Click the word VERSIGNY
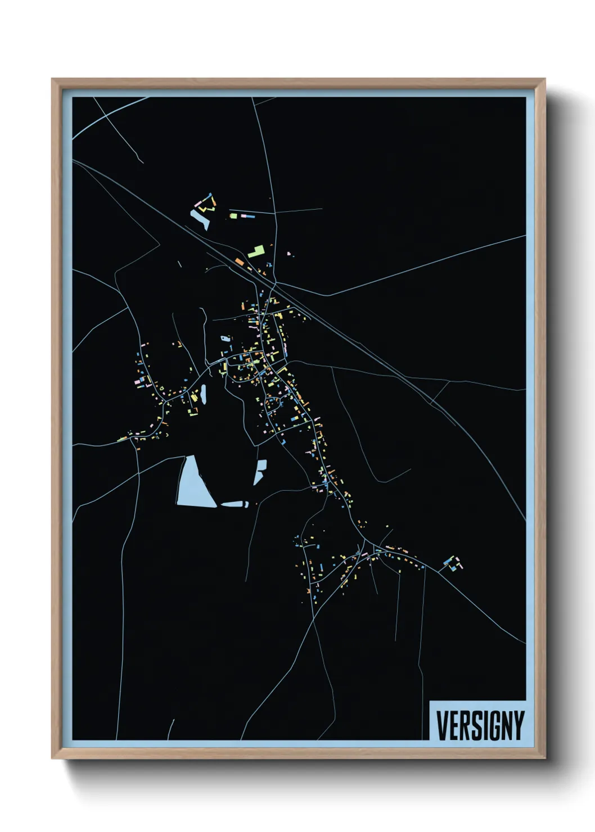[480, 726]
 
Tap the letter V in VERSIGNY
[441, 726]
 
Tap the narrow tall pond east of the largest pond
[260, 472]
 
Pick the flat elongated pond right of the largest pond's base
[235, 504]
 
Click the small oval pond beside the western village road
[203, 394]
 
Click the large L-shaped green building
[256, 251]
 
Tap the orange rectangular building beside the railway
[240, 261]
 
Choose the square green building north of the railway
[233, 215]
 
